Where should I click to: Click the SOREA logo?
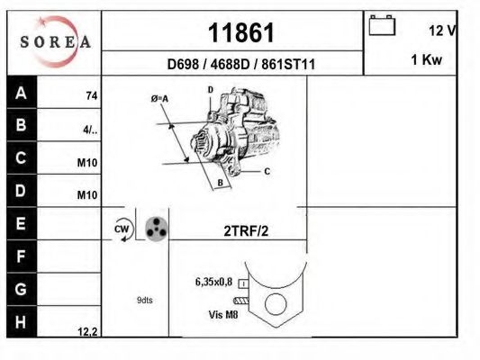[x=54, y=42]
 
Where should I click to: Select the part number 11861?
[x=240, y=33]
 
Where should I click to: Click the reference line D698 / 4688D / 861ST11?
[x=240, y=64]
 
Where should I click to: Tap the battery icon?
[x=382, y=27]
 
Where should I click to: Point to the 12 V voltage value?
[x=442, y=31]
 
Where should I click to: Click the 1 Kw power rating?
[x=425, y=59]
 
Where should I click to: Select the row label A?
[x=22, y=94]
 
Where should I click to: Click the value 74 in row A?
[x=91, y=94]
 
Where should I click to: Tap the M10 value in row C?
[x=87, y=163]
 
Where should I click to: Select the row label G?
[x=22, y=290]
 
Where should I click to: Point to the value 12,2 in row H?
[x=87, y=331]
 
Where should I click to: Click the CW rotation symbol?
[x=122, y=229]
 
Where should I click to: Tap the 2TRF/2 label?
[x=246, y=230]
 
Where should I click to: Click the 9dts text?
[x=145, y=300]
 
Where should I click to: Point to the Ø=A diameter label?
[x=161, y=97]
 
